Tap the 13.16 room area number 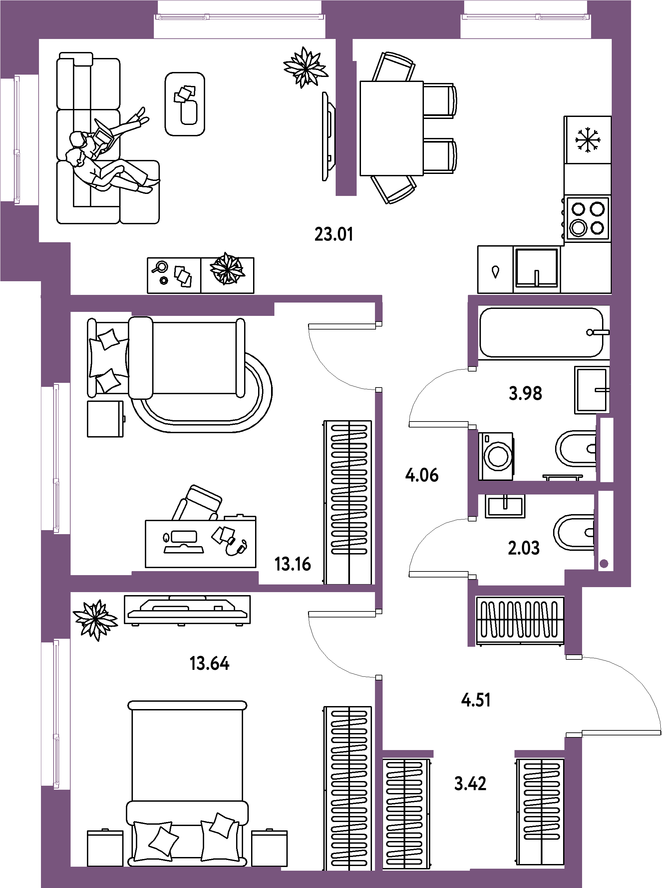[x=293, y=564]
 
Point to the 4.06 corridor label [x=422, y=475]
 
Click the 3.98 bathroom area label [x=525, y=394]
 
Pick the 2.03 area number [x=524, y=548]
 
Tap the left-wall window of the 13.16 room [x=56, y=457]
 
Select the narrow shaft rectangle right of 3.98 [x=607, y=449]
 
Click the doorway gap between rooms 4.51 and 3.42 [x=474, y=754]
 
